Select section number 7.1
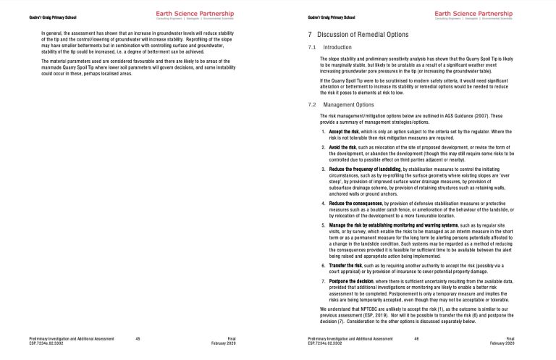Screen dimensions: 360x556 (311, 46)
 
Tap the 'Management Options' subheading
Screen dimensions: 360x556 (348, 105)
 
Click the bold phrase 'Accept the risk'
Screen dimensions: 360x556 (347, 131)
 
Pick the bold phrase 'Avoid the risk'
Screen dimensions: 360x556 (345, 146)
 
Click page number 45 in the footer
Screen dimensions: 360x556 (138, 338)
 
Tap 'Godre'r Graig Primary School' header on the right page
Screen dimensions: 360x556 (332, 17)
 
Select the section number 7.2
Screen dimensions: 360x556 (311, 105)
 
